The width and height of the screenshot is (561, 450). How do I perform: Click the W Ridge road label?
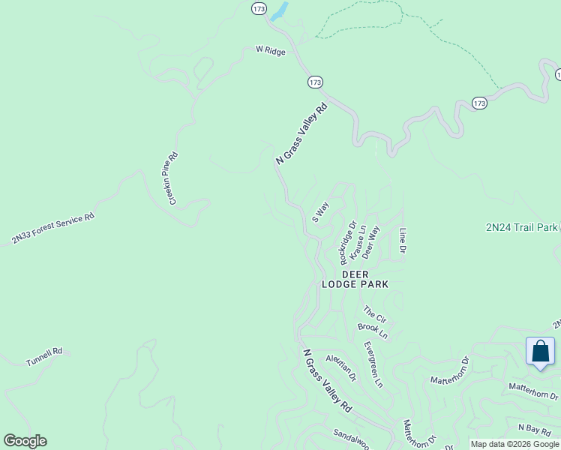[x=270, y=50]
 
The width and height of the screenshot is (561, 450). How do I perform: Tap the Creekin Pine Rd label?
[x=172, y=178]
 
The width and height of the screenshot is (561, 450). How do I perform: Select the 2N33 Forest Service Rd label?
[x=52, y=229]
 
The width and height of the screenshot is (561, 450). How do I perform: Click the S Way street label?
[x=320, y=212]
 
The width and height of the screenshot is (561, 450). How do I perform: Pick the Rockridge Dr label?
[x=348, y=241]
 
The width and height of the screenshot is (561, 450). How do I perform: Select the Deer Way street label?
[x=371, y=242]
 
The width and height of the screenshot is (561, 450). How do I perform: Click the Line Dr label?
[x=403, y=240]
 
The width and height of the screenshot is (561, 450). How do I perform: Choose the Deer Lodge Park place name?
[x=355, y=279]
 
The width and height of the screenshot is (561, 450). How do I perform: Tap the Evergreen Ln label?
[x=373, y=364]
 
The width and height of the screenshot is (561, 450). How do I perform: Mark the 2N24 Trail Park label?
[x=522, y=226]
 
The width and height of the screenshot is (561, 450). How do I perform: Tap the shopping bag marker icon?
[x=540, y=352]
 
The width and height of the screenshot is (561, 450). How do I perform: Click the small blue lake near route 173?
[x=279, y=11]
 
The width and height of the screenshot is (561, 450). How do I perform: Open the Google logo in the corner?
[x=25, y=441]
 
